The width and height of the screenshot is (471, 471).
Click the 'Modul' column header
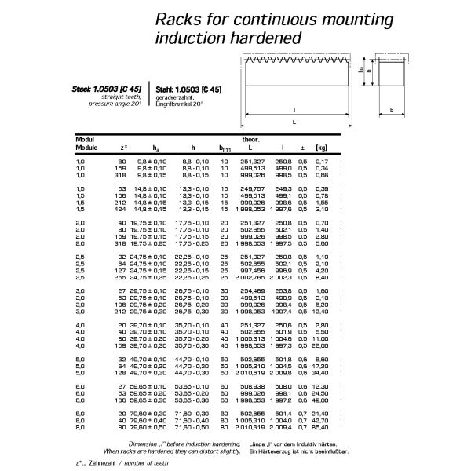click(85, 139)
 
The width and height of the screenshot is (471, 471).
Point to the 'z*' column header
click(124, 147)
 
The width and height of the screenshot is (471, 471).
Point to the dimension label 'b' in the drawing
click(391, 111)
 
